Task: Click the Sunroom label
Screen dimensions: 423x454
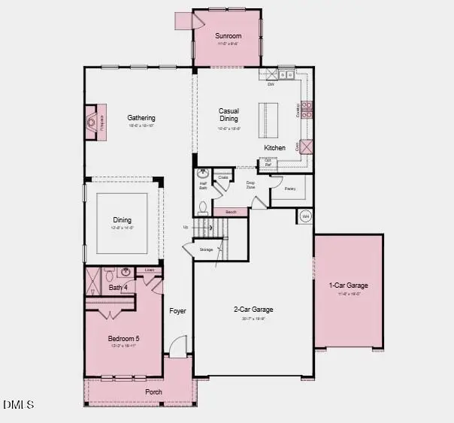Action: [227, 35]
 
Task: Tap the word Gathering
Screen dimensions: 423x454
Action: [141, 118]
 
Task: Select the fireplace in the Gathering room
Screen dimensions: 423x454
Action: [92, 120]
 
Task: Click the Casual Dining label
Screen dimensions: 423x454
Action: [229, 115]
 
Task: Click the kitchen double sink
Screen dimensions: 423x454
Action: [286, 74]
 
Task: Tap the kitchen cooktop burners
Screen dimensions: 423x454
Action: [307, 110]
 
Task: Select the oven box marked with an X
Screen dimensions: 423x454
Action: [307, 147]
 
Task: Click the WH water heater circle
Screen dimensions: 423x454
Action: [305, 216]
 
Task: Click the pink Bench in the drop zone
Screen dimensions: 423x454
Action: [231, 213]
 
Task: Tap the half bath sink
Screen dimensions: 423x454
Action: [202, 174]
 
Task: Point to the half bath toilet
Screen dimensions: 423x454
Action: [203, 207]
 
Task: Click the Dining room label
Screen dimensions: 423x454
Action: [123, 220]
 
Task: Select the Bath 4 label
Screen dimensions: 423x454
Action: [118, 288]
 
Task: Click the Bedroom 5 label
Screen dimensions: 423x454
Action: [123, 338]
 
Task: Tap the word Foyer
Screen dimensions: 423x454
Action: [177, 310]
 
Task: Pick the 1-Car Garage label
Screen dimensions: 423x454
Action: [348, 285]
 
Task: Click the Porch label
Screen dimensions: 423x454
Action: [153, 391]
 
